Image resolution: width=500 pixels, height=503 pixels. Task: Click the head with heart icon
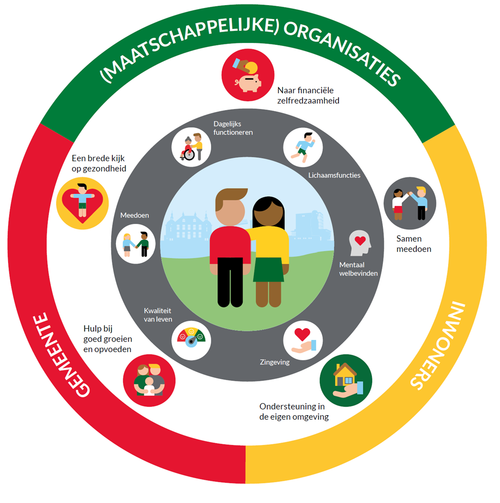pyautogui.click(x=360, y=243)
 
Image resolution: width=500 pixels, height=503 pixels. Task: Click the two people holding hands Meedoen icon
pyautogui.click(x=135, y=244)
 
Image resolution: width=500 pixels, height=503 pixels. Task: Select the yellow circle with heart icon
pyautogui.click(x=82, y=201)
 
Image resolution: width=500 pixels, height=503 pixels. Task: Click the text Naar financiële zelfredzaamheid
pyautogui.click(x=308, y=95)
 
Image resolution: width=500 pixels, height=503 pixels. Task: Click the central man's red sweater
pyautogui.click(x=230, y=247)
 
